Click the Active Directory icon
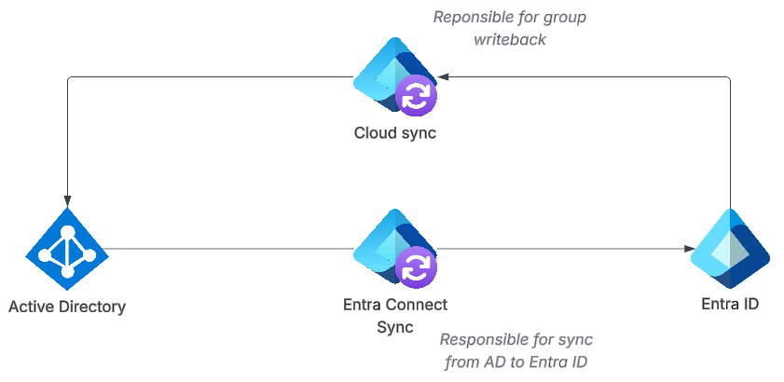[x=66, y=250]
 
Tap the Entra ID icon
[x=729, y=249]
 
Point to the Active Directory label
[x=66, y=306]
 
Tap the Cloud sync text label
[x=394, y=132]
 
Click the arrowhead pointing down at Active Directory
[x=67, y=199]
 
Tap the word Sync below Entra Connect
[x=395, y=326]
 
